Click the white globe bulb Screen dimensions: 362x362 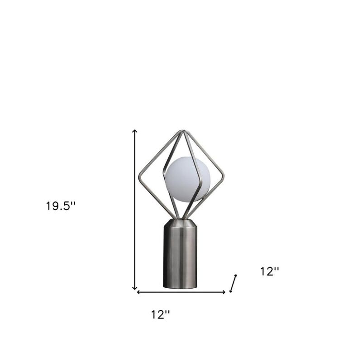point(187,179)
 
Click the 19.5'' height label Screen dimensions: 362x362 point(61,206)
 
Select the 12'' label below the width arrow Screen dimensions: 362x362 point(161,314)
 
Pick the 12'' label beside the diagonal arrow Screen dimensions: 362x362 point(270,271)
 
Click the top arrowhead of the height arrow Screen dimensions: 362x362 point(135,131)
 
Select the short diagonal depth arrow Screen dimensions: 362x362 point(233,283)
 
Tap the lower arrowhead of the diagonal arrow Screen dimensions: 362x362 point(231,291)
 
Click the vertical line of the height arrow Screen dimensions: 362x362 point(135,208)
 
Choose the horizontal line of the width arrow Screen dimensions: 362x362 point(181,292)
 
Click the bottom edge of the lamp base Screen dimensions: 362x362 point(180,288)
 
